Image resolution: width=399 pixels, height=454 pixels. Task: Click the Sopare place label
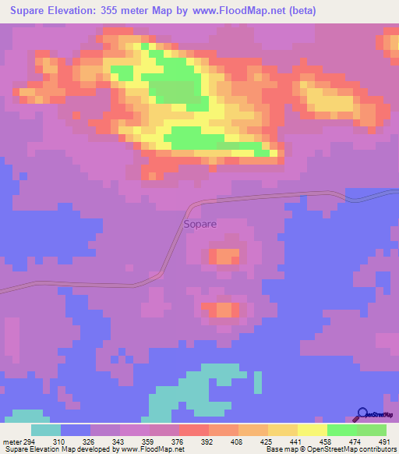point(199,224)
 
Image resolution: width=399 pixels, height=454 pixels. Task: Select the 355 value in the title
point(135,11)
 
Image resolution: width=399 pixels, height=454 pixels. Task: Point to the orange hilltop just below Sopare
point(226,256)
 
